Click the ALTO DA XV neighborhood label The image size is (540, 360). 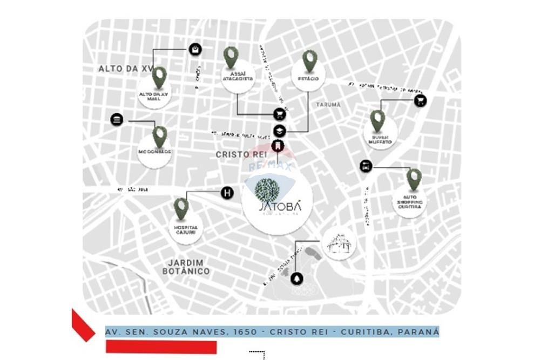click(126, 69)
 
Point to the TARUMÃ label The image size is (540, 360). click(328, 105)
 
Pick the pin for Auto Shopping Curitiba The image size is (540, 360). click(414, 178)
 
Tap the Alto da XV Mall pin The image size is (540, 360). click(159, 77)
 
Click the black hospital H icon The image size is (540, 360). click(228, 192)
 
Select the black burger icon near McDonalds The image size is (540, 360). click(117, 120)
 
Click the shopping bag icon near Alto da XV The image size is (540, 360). click(195, 50)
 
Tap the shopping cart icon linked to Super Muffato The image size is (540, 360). click(420, 100)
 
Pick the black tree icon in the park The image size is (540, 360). click(296, 279)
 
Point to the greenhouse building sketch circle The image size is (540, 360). click(339, 243)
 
